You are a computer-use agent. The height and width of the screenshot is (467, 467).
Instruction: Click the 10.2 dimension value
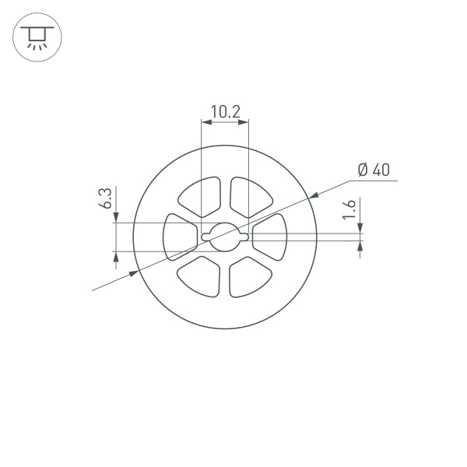(x=224, y=111)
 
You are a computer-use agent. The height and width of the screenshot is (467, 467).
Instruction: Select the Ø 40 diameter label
(x=373, y=170)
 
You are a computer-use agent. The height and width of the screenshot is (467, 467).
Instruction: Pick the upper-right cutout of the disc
(x=248, y=197)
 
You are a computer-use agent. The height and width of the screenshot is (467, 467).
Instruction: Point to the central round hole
(x=224, y=236)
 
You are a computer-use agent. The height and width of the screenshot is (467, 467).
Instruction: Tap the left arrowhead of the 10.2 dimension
(x=205, y=121)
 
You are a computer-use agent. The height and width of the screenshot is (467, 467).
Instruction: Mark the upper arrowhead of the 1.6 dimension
(x=360, y=228)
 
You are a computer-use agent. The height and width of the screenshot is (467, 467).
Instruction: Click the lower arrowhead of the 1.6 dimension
(x=360, y=245)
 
